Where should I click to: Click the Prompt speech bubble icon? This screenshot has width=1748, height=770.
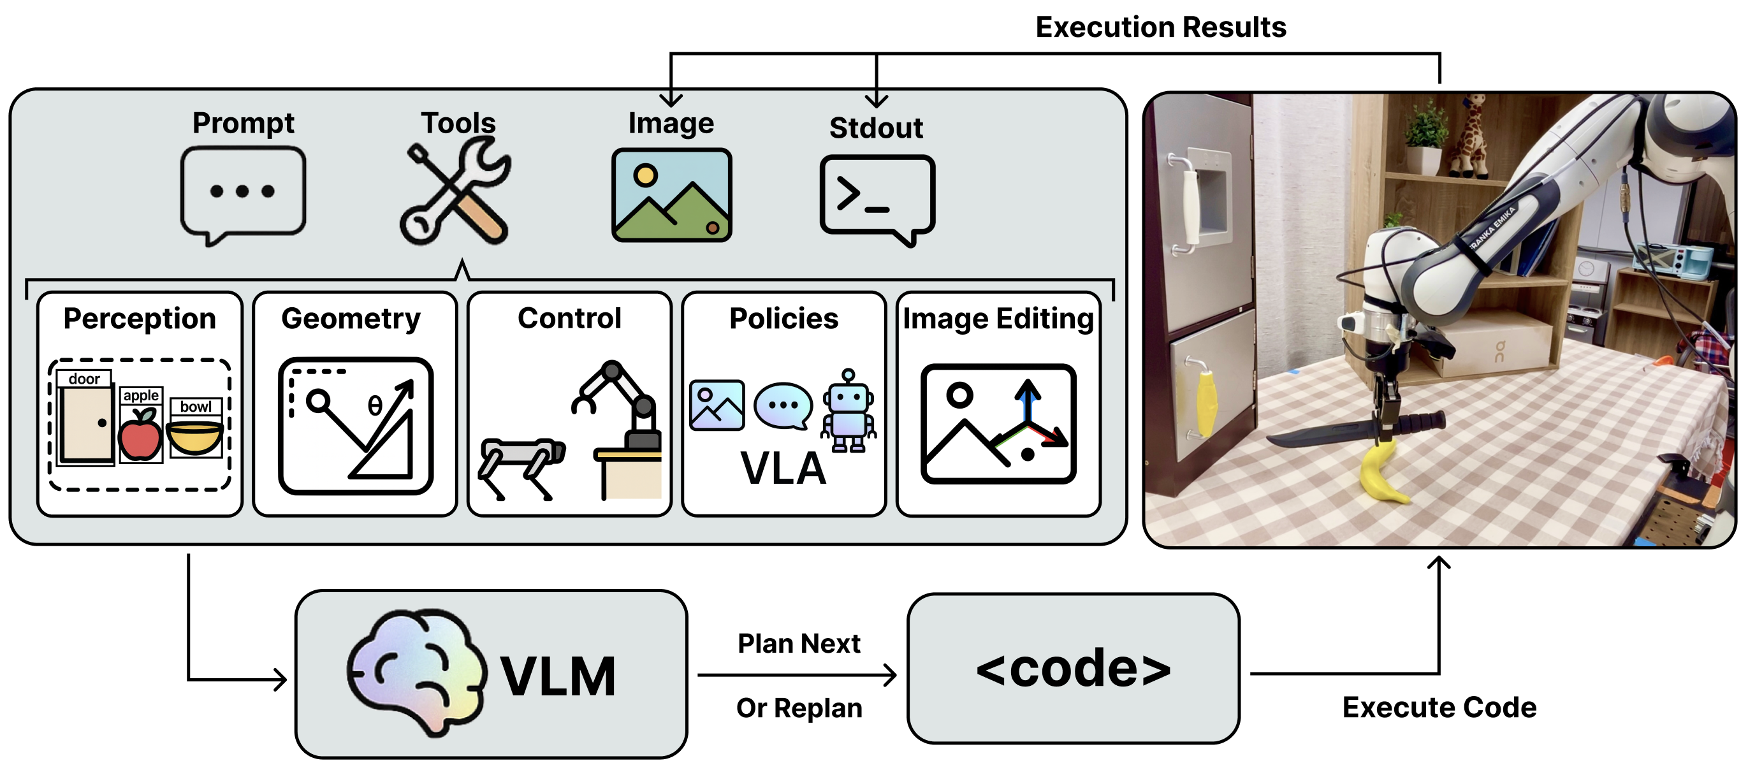click(x=243, y=193)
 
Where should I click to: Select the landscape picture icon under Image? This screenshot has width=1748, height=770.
click(x=671, y=194)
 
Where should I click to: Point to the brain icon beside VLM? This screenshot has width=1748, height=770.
click(x=415, y=672)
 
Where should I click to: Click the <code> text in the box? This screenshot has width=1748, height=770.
click(x=1074, y=669)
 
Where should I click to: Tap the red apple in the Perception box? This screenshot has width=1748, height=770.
click(x=140, y=436)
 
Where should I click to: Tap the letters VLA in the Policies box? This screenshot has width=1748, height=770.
click(x=783, y=468)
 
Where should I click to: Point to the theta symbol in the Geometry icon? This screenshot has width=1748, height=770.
click(x=375, y=405)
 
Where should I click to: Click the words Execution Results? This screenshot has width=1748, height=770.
click(x=1160, y=28)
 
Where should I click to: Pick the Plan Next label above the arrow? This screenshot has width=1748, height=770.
click(x=799, y=643)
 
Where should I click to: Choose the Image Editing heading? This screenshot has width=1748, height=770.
click(x=998, y=319)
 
